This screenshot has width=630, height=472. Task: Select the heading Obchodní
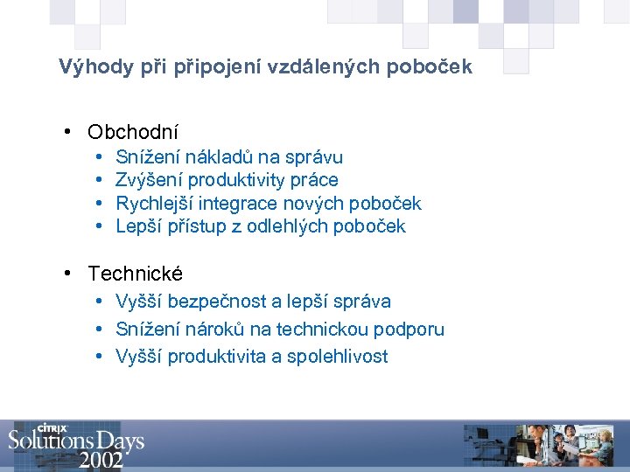tap(133, 133)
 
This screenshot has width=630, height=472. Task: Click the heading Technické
tap(136, 274)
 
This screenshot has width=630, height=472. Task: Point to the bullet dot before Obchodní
tap(68, 133)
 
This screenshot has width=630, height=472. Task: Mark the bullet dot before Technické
tap(68, 274)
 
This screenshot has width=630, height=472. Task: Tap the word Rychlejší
tap(155, 204)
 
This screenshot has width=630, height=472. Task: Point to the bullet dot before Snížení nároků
tap(100, 330)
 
